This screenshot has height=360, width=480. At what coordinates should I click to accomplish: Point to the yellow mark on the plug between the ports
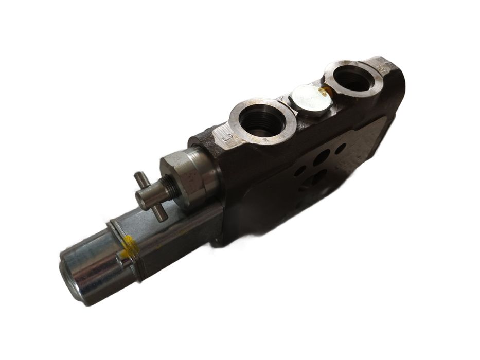pyautogui.click(x=324, y=92)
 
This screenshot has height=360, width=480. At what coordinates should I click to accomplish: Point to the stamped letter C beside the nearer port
pyautogui.click(x=224, y=137)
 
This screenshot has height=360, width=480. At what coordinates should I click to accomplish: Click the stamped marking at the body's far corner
pyautogui.click(x=383, y=68)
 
